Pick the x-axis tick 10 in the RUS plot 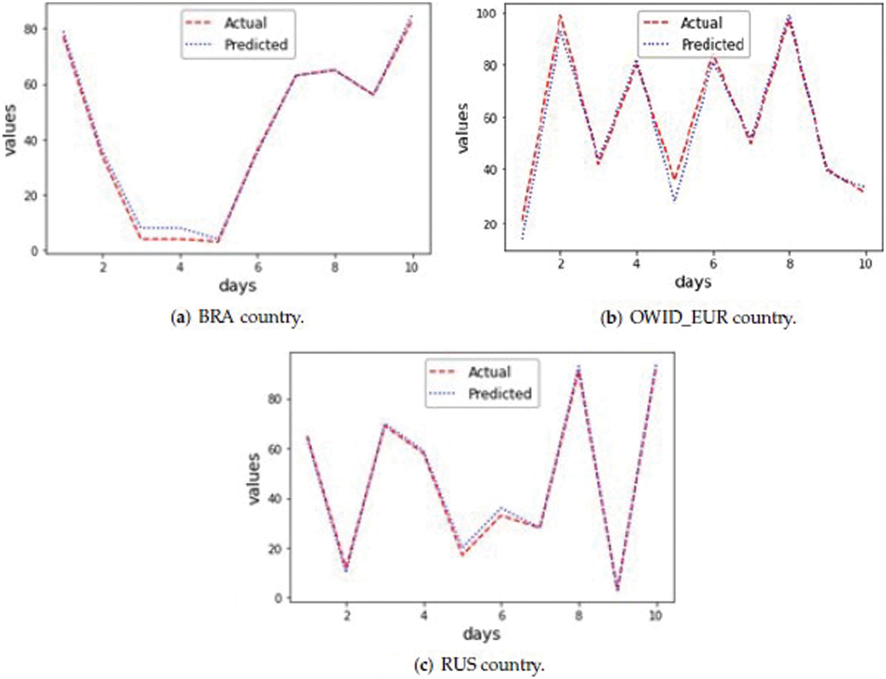pyautogui.click(x=655, y=616)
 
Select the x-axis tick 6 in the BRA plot pyautogui.click(x=257, y=267)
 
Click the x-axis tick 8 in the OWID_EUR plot pyautogui.click(x=789, y=264)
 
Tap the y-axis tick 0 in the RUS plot pyautogui.click(x=278, y=598)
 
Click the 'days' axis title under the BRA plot pyautogui.click(x=237, y=286)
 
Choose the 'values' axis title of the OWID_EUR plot pyautogui.click(x=462, y=128)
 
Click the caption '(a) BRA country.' pyautogui.click(x=237, y=317)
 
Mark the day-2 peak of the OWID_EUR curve pyautogui.click(x=560, y=17)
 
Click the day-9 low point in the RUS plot pyautogui.click(x=617, y=589)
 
